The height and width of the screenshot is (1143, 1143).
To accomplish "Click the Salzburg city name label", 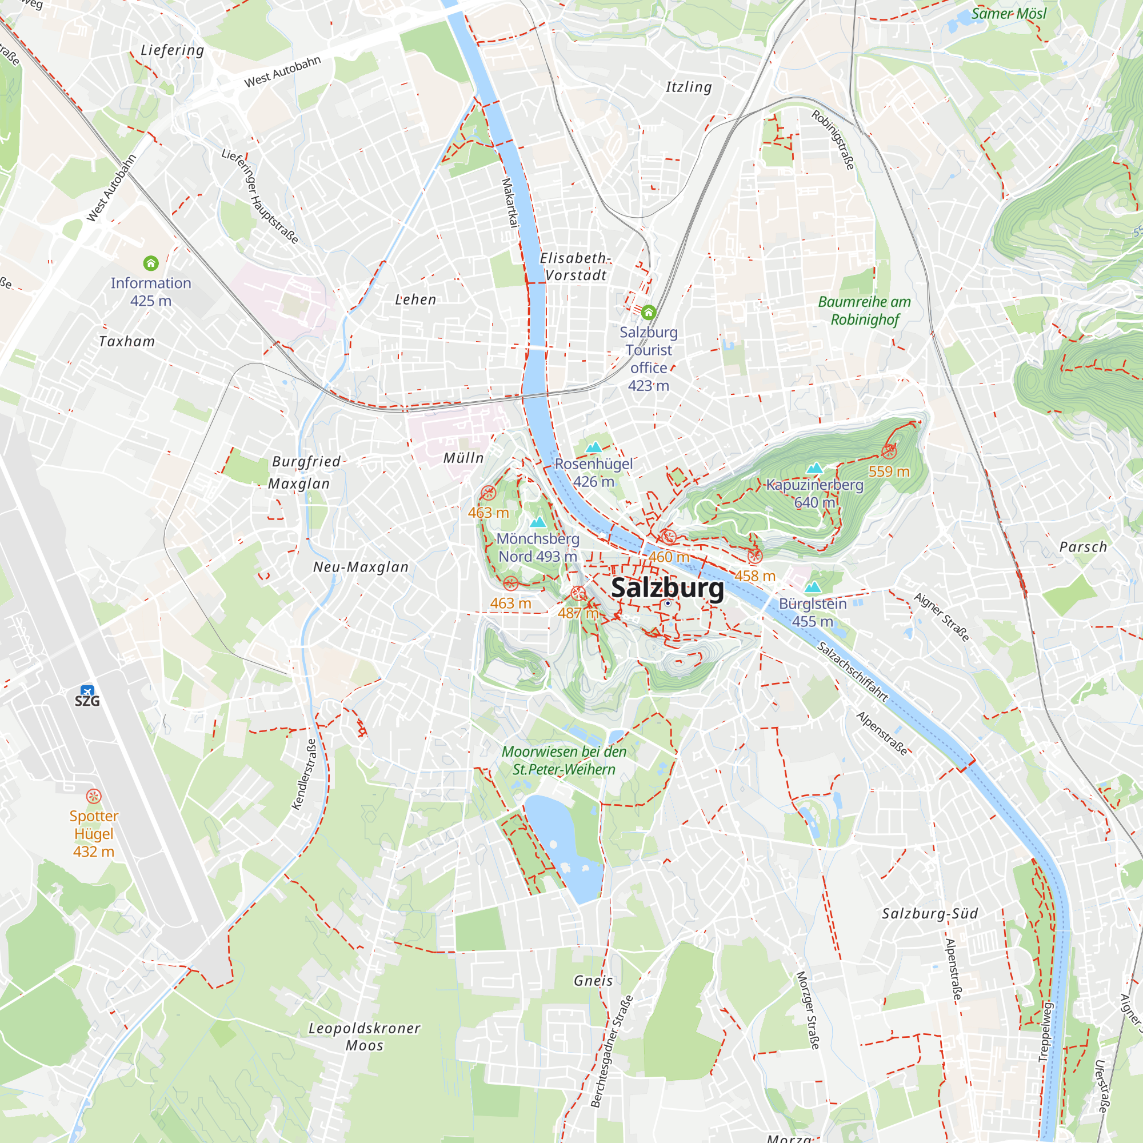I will click(x=667, y=588).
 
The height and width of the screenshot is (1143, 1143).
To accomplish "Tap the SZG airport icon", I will click(x=87, y=691).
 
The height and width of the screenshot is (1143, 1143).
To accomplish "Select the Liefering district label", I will click(x=172, y=50).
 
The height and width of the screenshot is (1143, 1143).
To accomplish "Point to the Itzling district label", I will click(x=689, y=87).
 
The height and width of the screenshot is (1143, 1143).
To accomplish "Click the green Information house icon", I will click(x=151, y=263).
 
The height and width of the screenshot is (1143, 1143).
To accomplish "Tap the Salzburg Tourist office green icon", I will click(x=649, y=312).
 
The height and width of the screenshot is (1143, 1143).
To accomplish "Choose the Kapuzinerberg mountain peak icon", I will click(x=814, y=468).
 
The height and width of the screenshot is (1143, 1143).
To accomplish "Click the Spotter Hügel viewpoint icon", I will click(x=94, y=796).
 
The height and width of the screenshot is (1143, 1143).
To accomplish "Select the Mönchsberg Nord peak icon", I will click(x=538, y=522).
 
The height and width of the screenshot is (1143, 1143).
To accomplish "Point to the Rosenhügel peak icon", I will click(x=593, y=447).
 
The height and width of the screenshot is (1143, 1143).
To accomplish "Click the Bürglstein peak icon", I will click(x=813, y=587).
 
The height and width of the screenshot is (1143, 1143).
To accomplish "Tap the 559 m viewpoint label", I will click(x=889, y=471).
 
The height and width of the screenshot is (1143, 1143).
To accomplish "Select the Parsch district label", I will click(x=1082, y=547).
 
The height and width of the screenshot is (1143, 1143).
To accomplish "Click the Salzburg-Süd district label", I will click(x=930, y=913).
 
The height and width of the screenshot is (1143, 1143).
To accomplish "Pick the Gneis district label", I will click(x=593, y=981).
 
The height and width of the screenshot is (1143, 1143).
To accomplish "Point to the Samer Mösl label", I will click(x=1009, y=14).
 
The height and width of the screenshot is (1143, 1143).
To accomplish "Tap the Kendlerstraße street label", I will click(x=305, y=774).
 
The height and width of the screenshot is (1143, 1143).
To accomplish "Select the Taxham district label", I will click(x=127, y=341).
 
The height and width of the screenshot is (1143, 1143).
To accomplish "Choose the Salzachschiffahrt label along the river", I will click(x=853, y=672).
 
